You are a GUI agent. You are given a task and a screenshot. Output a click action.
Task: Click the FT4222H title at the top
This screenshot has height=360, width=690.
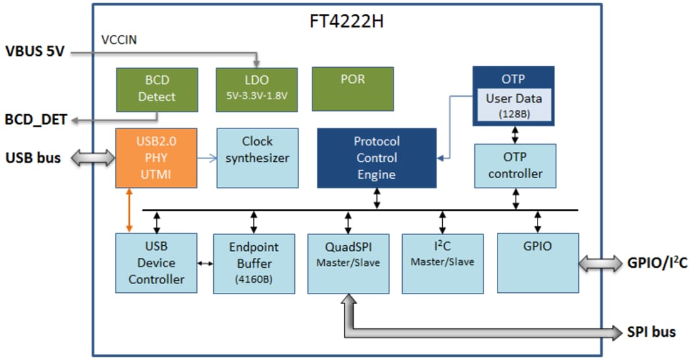pos(346,21)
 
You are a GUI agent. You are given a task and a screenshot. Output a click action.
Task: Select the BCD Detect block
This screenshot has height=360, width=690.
pos(157,89)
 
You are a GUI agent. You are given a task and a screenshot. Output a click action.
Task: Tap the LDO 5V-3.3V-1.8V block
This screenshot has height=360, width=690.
pos(256,89)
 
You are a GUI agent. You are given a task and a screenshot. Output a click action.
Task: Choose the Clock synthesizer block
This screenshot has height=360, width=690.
pos(257,157)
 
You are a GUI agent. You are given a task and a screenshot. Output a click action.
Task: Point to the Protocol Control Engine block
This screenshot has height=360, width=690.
pos(376,157)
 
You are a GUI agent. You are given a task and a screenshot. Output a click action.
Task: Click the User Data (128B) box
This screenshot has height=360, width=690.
pos(512,105)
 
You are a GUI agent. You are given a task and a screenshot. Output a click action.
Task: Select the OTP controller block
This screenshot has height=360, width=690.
pos(515,166)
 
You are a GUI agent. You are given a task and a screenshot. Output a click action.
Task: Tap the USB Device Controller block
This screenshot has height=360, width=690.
pos(156,262)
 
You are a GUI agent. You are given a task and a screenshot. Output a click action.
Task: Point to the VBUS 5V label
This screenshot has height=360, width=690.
pos(35,51)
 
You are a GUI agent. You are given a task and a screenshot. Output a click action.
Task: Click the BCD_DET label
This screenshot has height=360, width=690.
pos(36,119)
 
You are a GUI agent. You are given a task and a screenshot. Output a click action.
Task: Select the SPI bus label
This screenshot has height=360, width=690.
pos(651,331)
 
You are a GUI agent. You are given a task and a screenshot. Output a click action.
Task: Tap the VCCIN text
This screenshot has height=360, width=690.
pos(119,40)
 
